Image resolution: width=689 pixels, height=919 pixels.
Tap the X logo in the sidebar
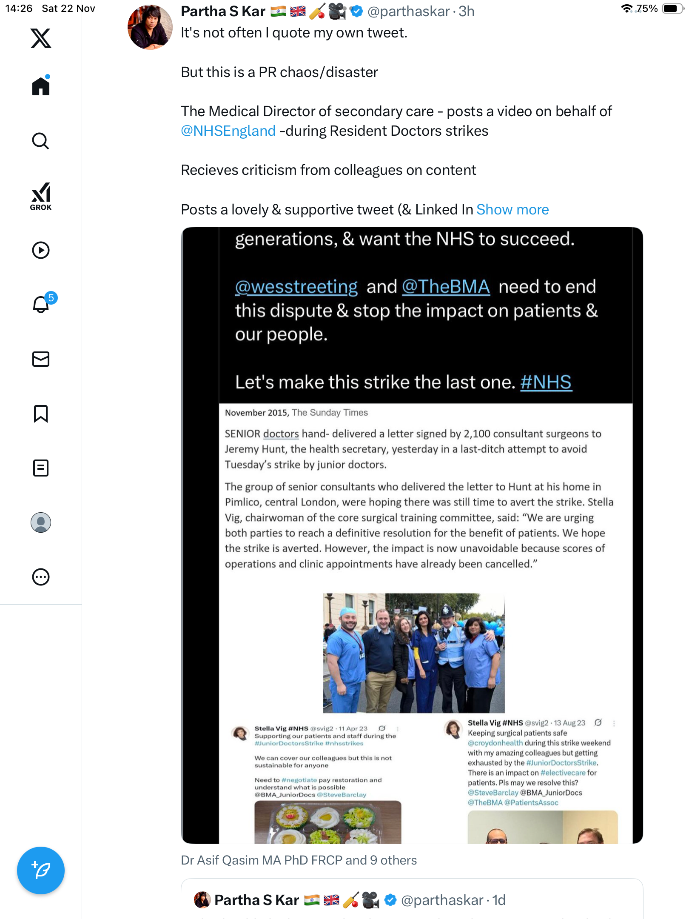(41, 38)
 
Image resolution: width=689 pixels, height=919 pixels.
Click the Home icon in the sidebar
(41, 86)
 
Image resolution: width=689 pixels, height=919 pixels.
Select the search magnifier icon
(41, 141)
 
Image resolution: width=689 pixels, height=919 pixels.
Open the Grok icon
(41, 196)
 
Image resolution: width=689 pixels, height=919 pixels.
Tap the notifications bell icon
(41, 304)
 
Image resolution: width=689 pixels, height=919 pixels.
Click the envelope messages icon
(41, 359)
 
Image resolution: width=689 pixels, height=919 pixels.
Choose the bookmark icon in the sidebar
(41, 414)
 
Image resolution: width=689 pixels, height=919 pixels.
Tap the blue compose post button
(41, 870)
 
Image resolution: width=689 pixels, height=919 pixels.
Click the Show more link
(512, 209)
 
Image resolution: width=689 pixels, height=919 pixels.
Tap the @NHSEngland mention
(228, 131)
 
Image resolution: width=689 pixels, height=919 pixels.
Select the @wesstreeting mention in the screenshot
(296, 287)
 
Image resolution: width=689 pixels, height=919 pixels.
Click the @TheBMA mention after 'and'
(446, 287)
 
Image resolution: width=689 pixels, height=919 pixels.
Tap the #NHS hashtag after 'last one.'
(546, 382)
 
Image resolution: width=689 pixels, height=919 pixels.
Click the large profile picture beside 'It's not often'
(150, 27)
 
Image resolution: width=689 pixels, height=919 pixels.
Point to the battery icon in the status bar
(672, 9)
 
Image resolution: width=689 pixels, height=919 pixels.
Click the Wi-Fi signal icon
(626, 9)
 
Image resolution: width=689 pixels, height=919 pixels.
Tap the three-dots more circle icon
(41, 577)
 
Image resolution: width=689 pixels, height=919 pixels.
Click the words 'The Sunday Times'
(330, 413)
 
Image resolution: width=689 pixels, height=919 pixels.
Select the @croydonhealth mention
(495, 743)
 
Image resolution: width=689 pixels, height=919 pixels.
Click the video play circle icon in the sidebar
(41, 250)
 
